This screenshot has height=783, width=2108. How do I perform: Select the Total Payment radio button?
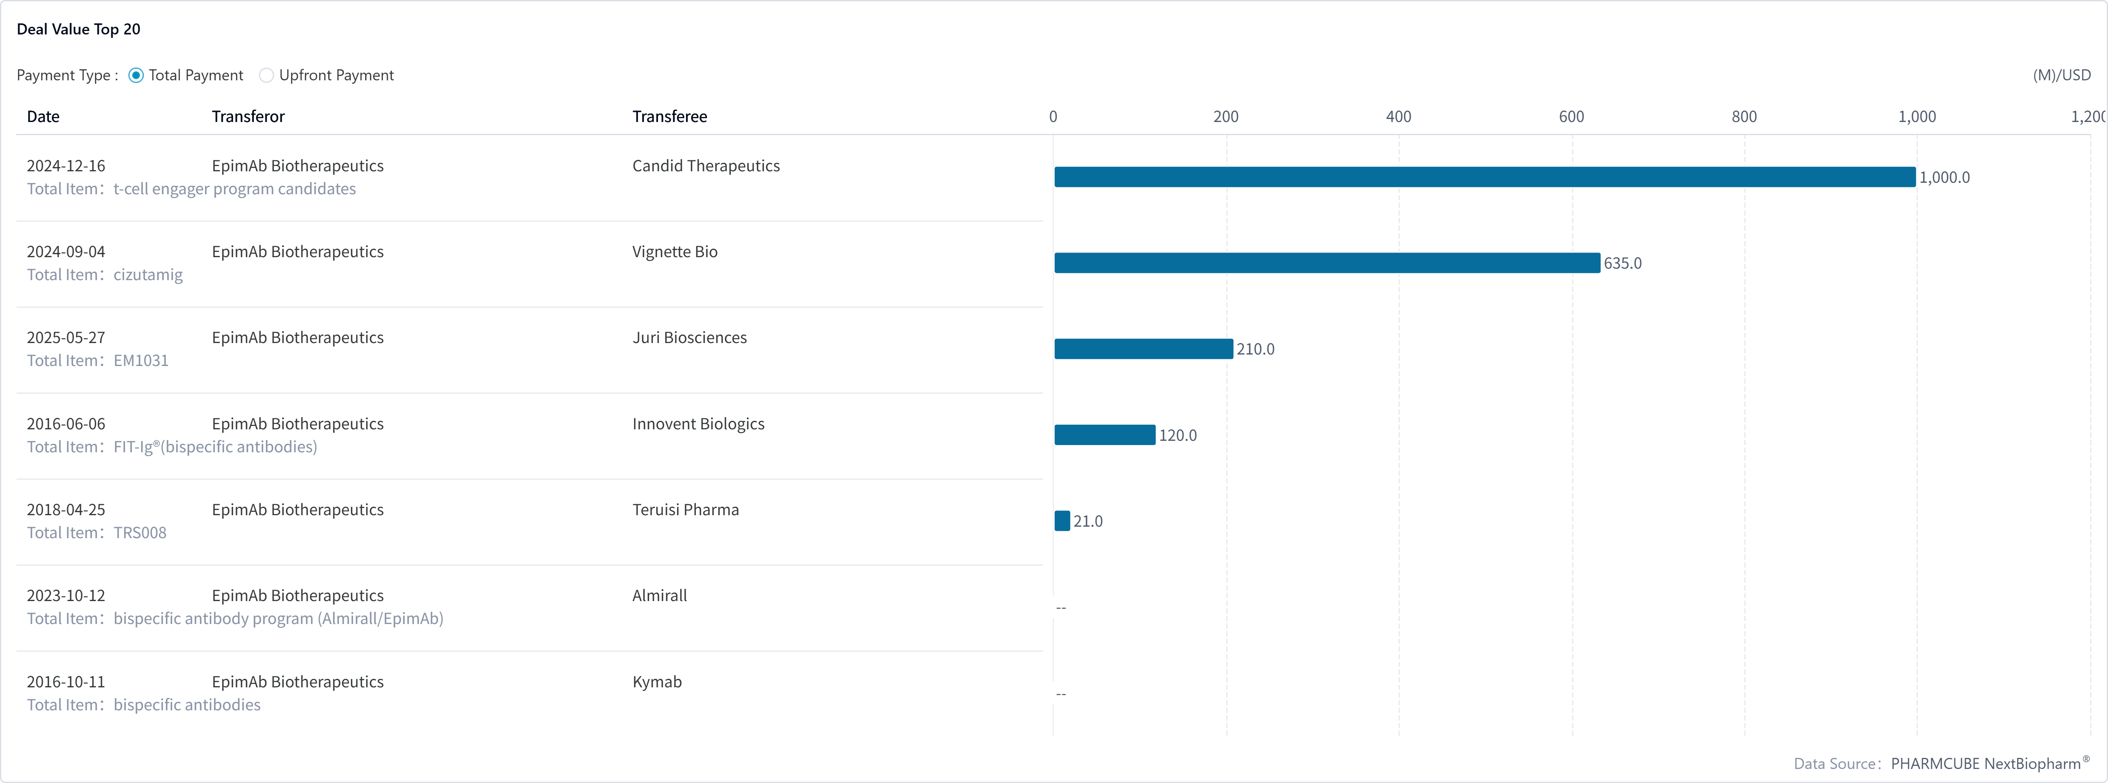(136, 75)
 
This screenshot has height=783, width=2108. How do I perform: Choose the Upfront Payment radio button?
(266, 75)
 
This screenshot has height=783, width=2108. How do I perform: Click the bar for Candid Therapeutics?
(1484, 177)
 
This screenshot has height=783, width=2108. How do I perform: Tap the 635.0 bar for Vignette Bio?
(1327, 263)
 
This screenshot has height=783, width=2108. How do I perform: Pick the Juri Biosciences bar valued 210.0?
(1143, 349)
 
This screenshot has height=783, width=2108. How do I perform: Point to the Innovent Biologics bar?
(1105, 434)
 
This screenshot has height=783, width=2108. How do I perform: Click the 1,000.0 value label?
(1944, 178)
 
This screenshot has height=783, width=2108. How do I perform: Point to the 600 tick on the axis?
(1571, 116)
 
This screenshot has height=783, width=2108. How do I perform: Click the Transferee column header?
(669, 116)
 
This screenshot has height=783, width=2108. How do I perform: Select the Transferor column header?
(248, 116)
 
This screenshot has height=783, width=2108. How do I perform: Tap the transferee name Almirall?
(660, 596)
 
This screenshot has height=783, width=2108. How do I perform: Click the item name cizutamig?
(148, 275)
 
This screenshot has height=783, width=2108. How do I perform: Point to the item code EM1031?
(141, 361)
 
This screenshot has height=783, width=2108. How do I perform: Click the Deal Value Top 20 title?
(79, 29)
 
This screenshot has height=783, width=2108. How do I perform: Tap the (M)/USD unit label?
(2061, 75)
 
